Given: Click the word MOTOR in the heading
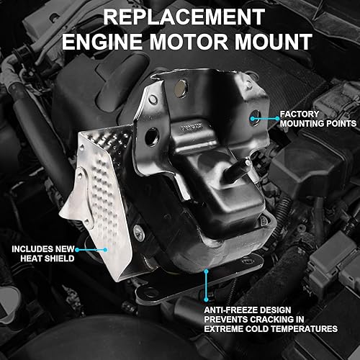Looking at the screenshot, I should pyautogui.click(x=183, y=41).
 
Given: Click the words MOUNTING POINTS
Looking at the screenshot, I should pyautogui.click(x=318, y=123).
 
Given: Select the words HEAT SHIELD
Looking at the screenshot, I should pyautogui.click(x=45, y=257).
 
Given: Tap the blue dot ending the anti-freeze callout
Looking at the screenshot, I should pyautogui.click(x=207, y=270).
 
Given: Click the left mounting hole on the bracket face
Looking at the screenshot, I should pyautogui.click(x=153, y=135).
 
